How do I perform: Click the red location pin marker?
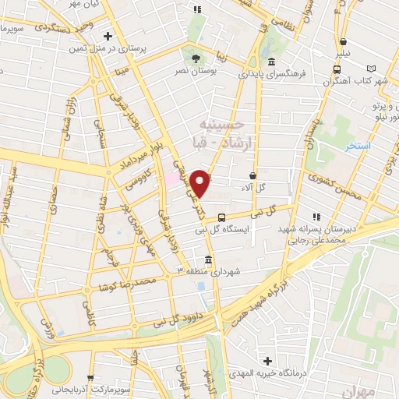201,183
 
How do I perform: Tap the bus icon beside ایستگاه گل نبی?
222,217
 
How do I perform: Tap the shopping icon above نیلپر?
344,42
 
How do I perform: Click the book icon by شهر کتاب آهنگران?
381,69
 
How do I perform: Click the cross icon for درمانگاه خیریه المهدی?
268,362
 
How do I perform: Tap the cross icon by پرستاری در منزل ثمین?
108,35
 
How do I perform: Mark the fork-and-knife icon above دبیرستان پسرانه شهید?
316,217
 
